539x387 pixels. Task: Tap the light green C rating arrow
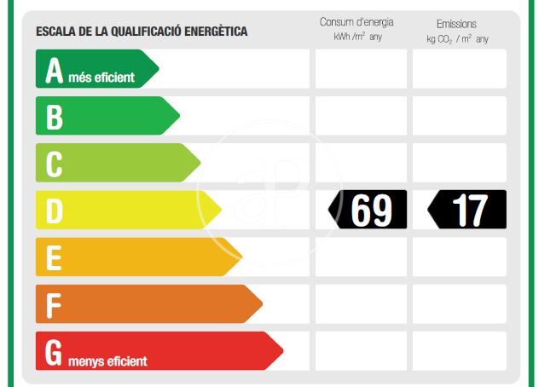click(x=116, y=163)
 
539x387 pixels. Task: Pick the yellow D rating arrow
click(x=126, y=210)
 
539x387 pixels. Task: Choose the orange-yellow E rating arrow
click(x=136, y=257)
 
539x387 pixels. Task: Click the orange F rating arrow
click(x=147, y=303)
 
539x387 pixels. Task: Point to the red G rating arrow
click(x=157, y=350)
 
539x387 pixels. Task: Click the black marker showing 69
click(x=369, y=210)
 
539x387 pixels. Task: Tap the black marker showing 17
click(x=467, y=210)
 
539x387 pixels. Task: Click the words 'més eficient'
click(x=101, y=78)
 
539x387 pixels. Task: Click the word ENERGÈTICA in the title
click(x=214, y=32)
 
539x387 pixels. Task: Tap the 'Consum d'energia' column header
click(x=356, y=22)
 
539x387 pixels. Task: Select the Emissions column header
click(x=456, y=24)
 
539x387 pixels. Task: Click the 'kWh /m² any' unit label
click(x=356, y=38)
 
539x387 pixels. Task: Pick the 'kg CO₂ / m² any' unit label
click(x=457, y=39)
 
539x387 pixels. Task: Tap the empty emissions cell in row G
click(x=460, y=350)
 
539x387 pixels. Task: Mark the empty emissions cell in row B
click(x=460, y=116)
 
